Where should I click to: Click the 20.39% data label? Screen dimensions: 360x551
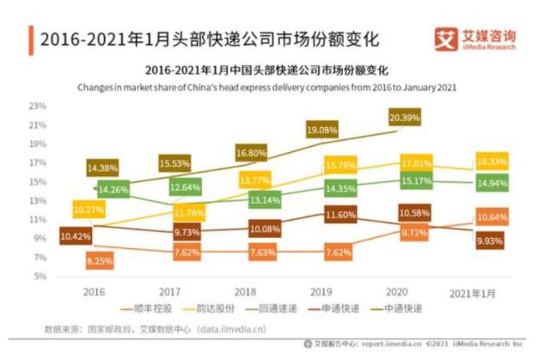pyautogui.click(x=405, y=117)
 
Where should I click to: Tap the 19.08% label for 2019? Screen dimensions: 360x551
pyautogui.click(x=322, y=130)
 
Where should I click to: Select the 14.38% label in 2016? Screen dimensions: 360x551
pyautogui.click(x=101, y=168)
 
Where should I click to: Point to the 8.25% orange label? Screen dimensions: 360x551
pyautogui.click(x=101, y=259)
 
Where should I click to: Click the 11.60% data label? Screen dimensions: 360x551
pyautogui.click(x=322, y=214)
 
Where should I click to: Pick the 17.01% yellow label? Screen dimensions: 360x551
pyautogui.click(x=405, y=162)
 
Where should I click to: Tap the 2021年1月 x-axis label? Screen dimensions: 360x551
pyautogui.click(x=474, y=293)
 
